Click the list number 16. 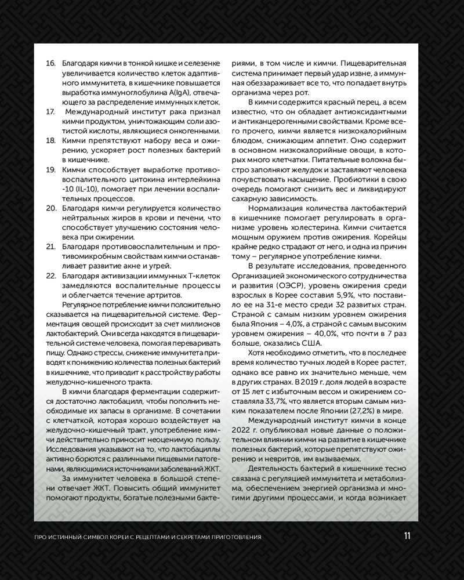(x=50, y=62)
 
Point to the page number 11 (x=407, y=536)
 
